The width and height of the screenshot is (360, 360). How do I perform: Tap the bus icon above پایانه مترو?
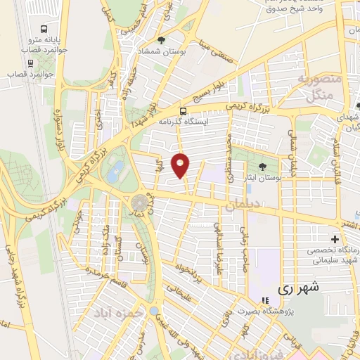tap(45, 30)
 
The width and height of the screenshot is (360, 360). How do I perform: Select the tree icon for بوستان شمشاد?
tap(162, 40)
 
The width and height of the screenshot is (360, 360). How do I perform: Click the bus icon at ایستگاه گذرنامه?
tap(184, 110)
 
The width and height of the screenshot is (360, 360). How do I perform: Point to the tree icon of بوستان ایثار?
tap(262, 167)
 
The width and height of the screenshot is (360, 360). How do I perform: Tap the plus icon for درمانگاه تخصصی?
tap(335, 240)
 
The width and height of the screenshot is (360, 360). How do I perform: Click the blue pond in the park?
tap(117, 168)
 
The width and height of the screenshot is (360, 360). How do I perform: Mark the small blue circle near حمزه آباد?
tap(154, 311)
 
